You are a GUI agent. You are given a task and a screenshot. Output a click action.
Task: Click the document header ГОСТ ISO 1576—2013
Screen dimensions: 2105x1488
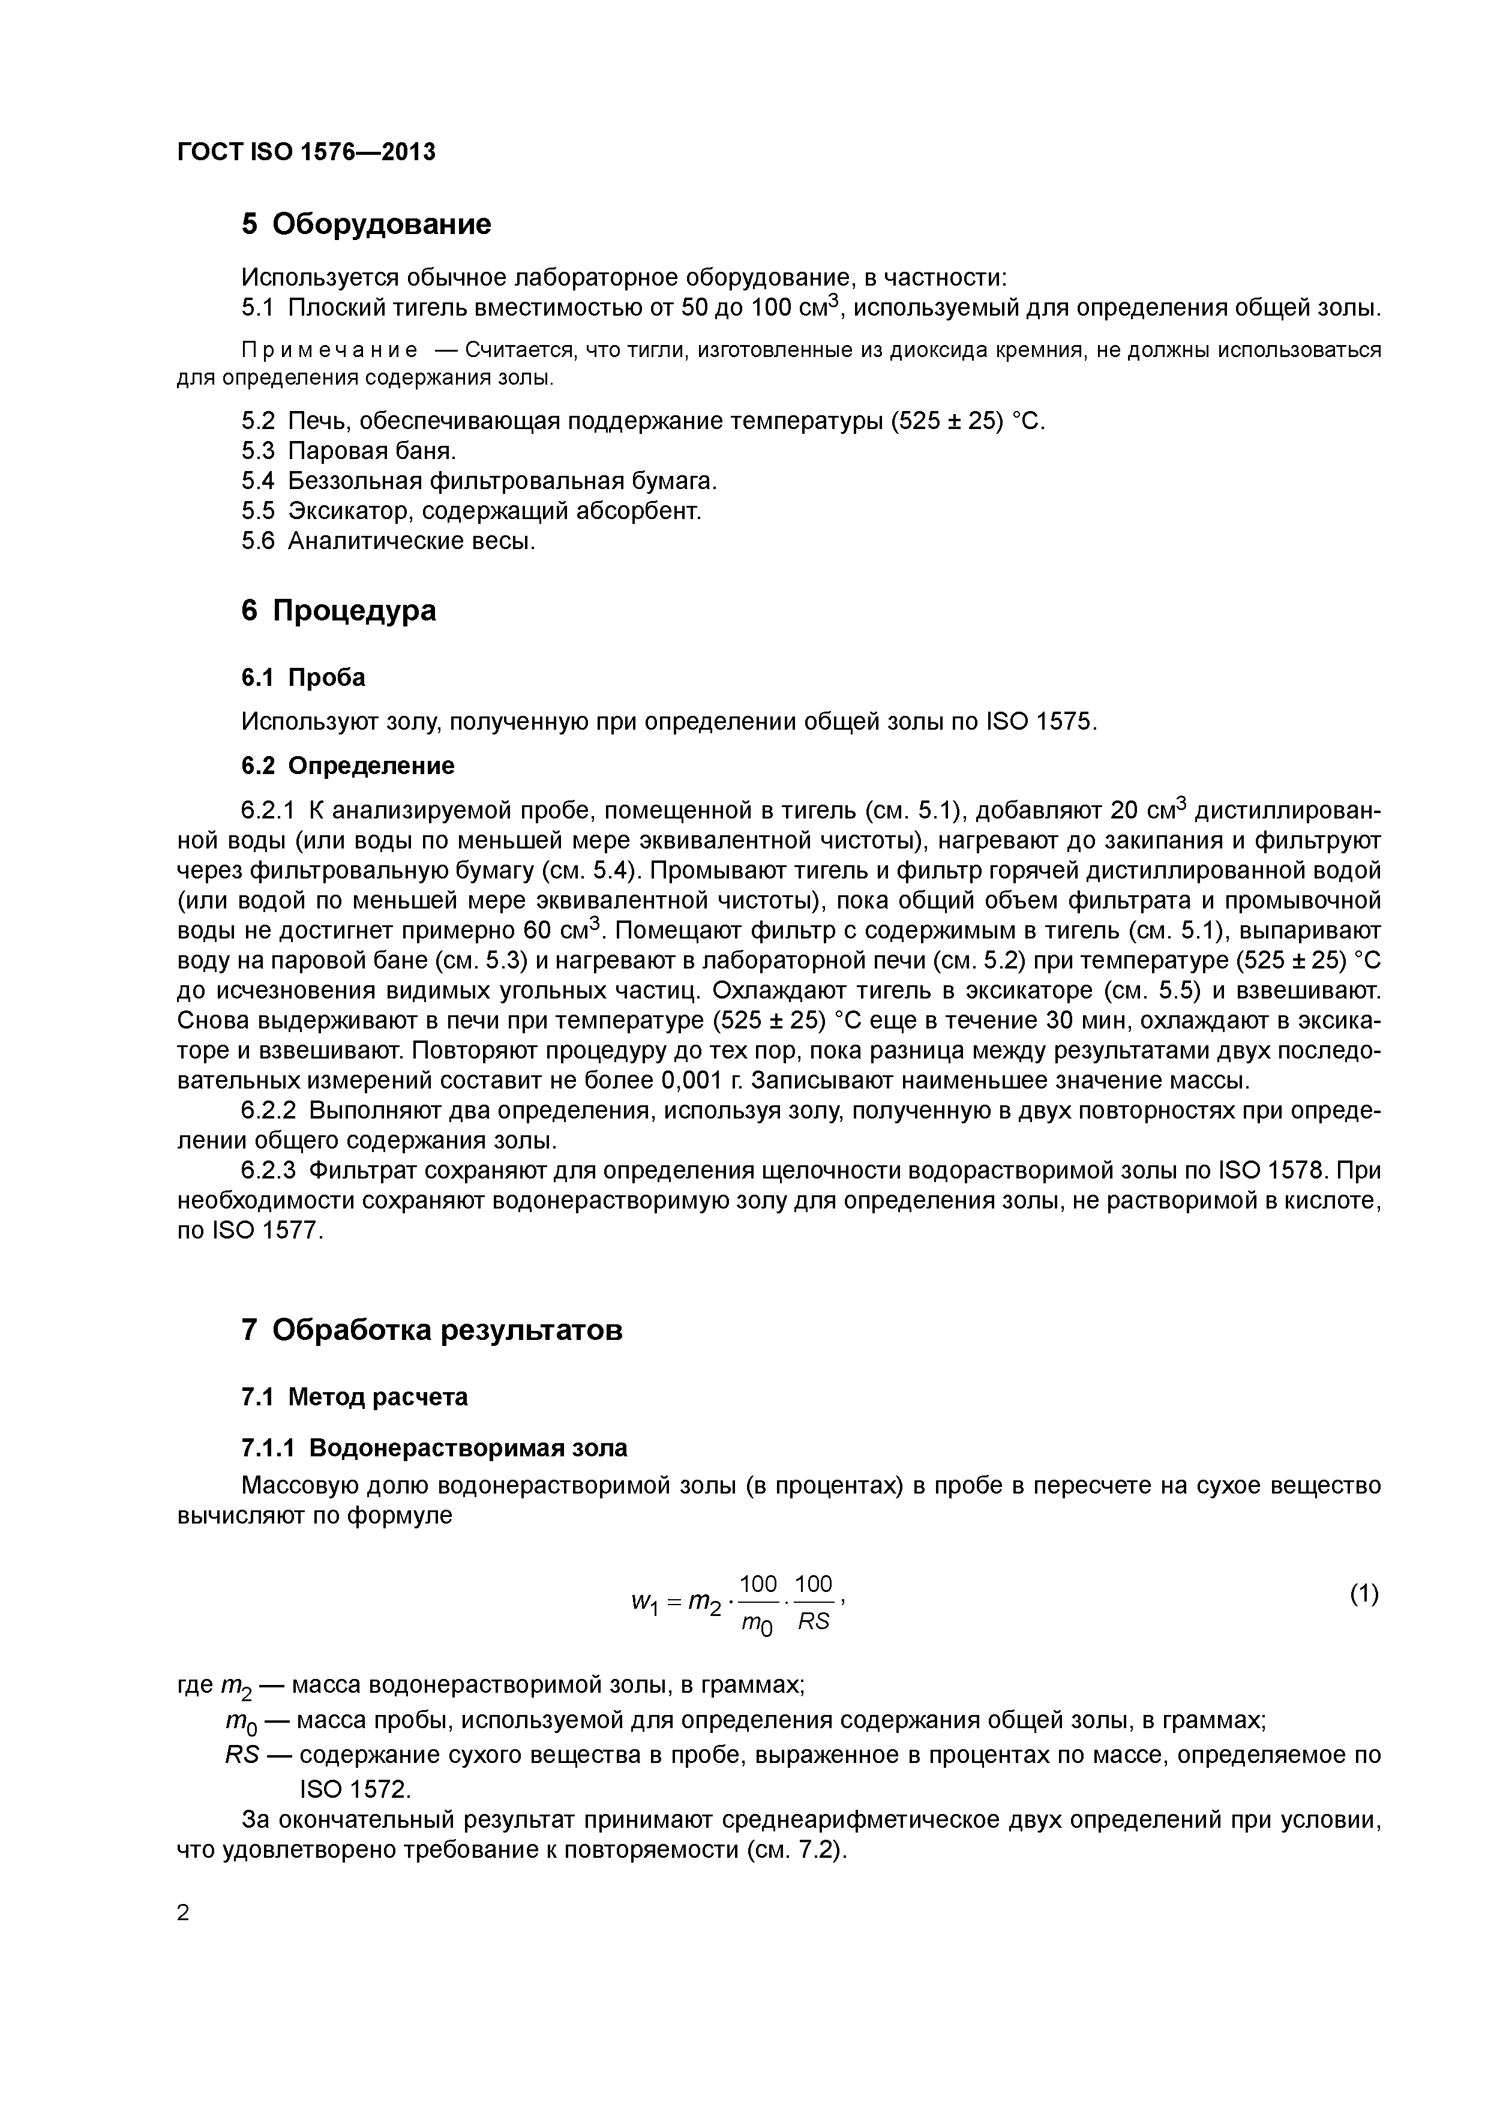(306, 152)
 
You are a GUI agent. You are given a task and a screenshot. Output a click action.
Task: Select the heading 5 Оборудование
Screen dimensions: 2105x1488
(366, 224)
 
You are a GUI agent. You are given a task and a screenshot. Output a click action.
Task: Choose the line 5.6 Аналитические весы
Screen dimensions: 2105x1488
(388, 541)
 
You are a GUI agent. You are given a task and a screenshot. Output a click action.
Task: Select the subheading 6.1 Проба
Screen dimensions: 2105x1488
(302, 677)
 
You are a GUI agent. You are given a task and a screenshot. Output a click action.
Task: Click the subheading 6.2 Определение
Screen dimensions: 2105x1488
(347, 766)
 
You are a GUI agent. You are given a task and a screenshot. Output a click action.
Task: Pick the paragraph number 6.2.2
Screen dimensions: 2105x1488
(269, 1110)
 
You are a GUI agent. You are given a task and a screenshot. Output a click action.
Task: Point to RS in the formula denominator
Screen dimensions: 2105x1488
(812, 1622)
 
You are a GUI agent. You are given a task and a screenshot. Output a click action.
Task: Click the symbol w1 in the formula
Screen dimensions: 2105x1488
(644, 1602)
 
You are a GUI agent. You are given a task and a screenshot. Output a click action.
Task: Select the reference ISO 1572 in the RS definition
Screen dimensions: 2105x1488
(354, 1789)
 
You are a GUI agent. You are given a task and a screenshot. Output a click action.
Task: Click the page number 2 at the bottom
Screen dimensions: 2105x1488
(184, 1914)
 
